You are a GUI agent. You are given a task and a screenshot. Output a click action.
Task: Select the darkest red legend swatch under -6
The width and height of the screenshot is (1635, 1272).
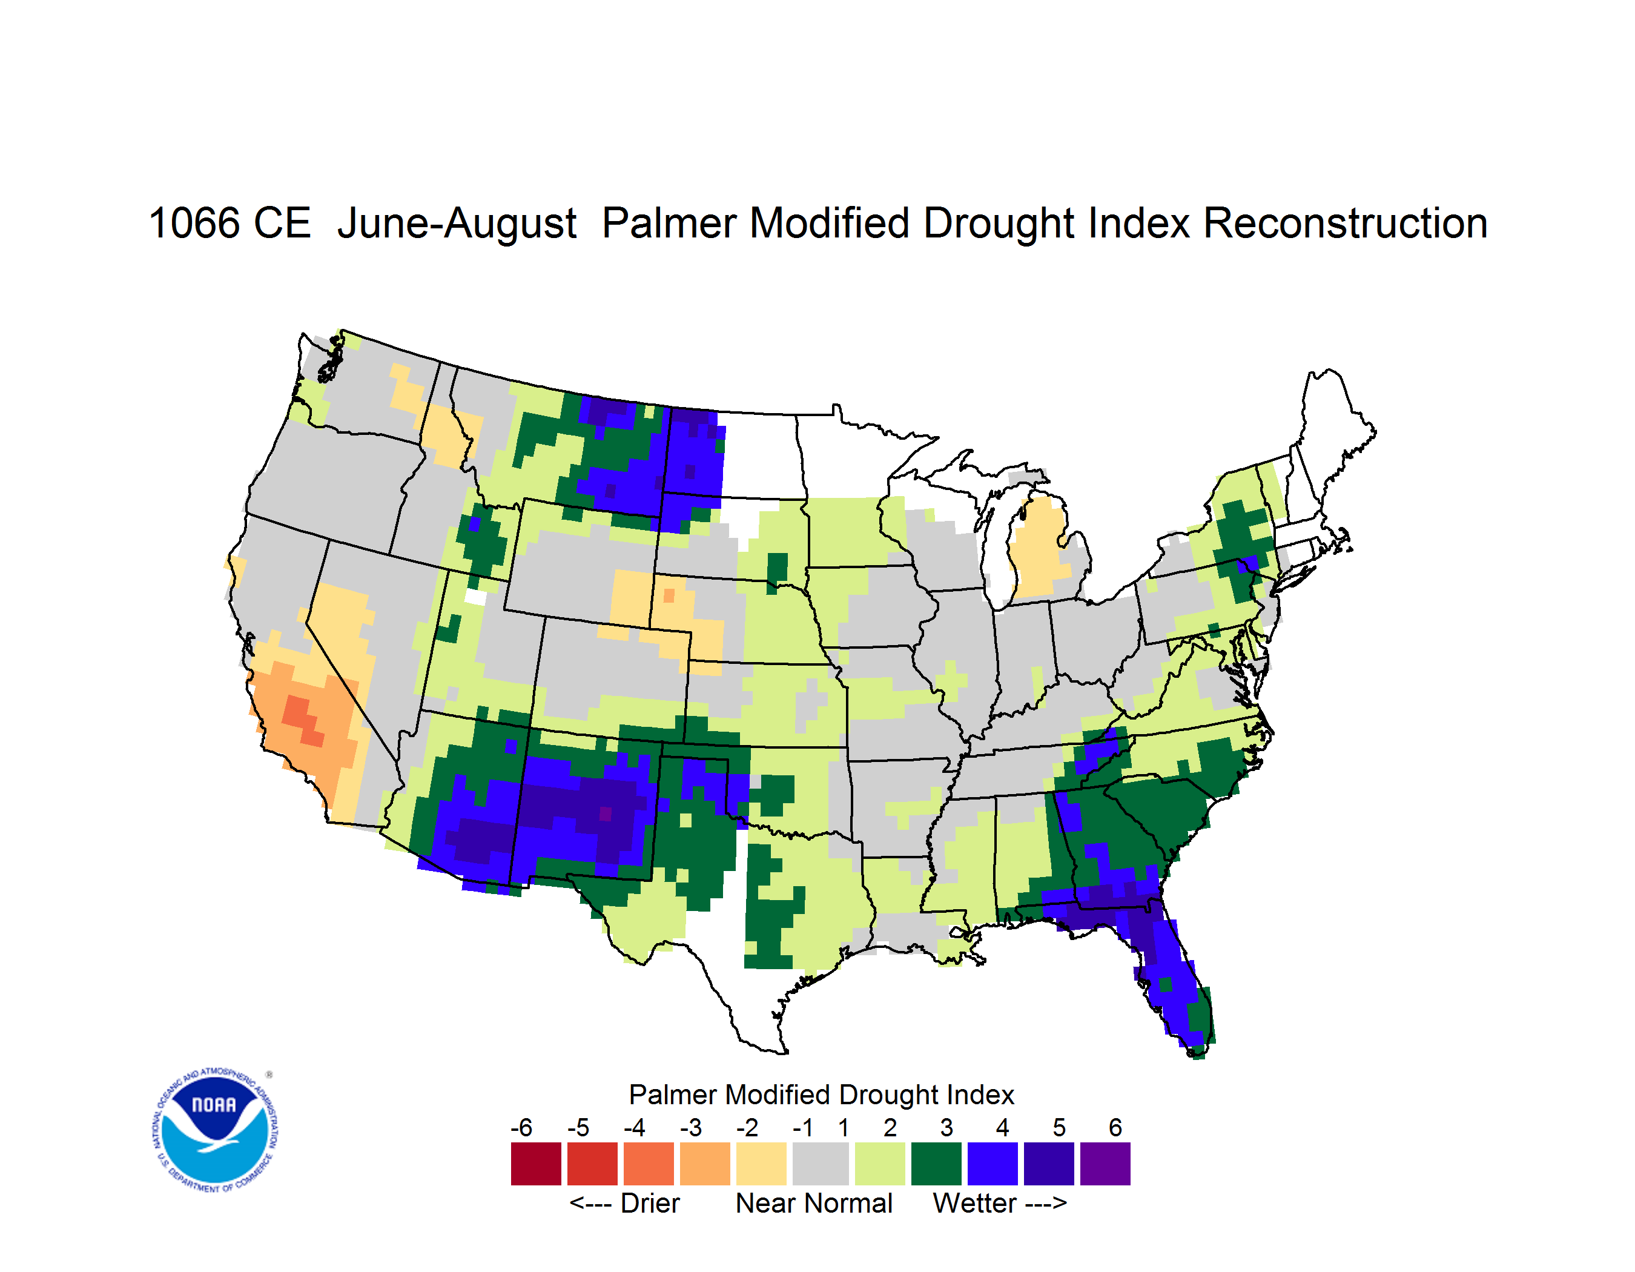536,1164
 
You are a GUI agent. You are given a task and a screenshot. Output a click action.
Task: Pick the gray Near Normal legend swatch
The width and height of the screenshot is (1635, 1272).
821,1164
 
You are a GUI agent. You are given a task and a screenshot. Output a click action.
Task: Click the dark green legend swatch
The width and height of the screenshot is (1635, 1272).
936,1164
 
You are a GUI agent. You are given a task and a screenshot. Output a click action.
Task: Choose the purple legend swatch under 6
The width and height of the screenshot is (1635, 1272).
1105,1164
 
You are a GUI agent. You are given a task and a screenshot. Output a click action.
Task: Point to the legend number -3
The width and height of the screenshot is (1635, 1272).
691,1127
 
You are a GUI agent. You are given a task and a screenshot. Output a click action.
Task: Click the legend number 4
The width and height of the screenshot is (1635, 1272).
1002,1127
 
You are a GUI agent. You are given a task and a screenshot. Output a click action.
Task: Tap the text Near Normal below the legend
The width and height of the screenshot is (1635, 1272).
814,1203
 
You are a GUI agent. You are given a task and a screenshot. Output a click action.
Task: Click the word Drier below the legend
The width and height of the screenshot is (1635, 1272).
650,1203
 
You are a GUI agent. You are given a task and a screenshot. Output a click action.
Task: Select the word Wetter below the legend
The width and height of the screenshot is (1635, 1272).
974,1203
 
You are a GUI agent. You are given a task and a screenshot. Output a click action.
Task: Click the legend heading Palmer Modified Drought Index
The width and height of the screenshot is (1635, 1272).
821,1095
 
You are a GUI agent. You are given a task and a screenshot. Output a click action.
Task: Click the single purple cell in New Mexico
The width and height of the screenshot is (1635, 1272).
606,814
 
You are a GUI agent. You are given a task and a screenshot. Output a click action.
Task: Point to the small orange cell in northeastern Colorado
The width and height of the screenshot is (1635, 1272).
669,596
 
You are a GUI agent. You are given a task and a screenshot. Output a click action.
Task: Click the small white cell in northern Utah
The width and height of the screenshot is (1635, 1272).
475,597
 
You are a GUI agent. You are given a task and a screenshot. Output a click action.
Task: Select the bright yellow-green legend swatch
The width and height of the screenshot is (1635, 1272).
880,1164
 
